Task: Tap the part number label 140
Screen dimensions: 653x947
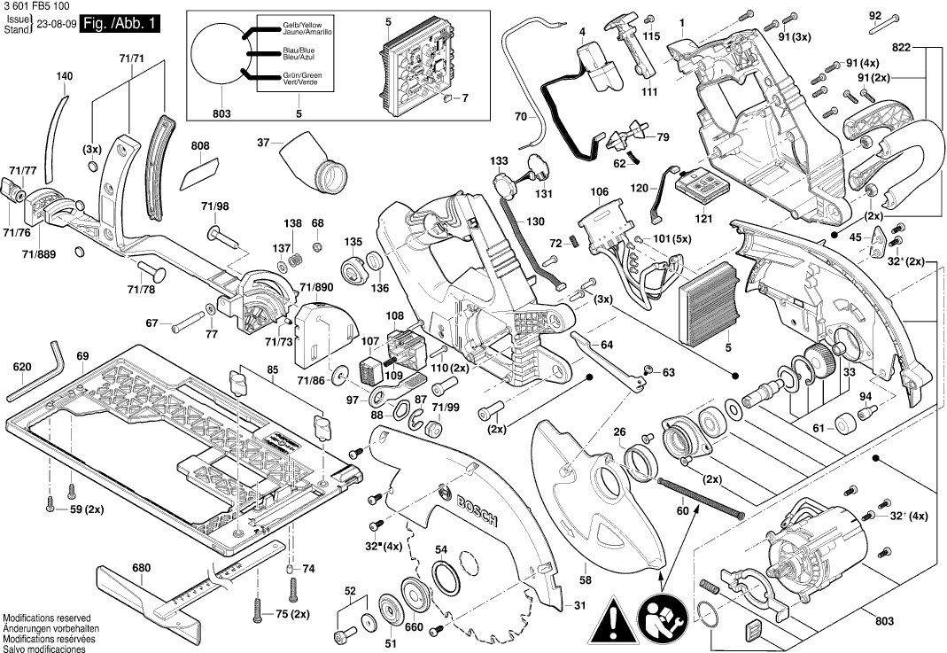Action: [65, 77]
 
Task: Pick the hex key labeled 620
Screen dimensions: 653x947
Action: [39, 373]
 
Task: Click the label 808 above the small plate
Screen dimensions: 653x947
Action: [200, 146]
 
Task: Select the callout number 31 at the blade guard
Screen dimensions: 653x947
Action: [579, 606]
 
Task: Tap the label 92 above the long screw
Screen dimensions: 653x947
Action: [875, 16]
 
